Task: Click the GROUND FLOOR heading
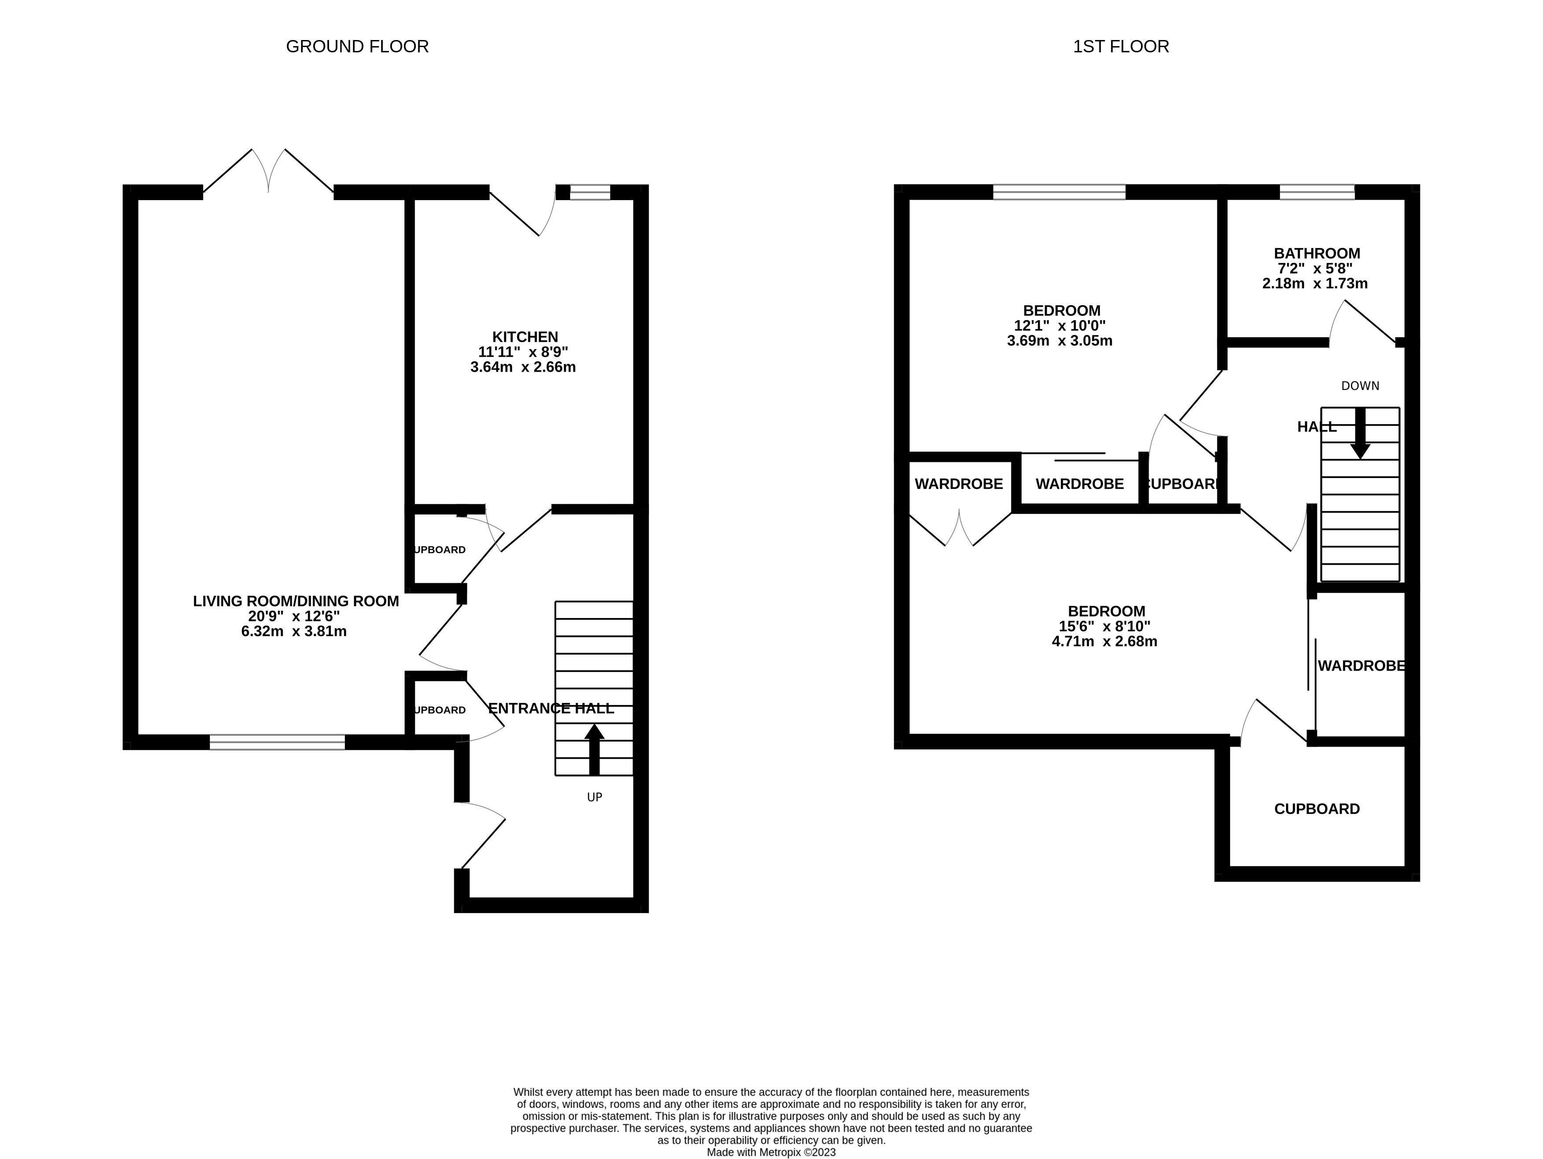(x=357, y=47)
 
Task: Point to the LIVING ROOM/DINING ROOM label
(x=296, y=601)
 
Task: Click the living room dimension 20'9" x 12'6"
(x=293, y=617)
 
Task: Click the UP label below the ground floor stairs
(x=594, y=797)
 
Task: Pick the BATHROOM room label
(x=1316, y=254)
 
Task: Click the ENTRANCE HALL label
(x=550, y=709)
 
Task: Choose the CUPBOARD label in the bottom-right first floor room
(x=1316, y=809)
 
